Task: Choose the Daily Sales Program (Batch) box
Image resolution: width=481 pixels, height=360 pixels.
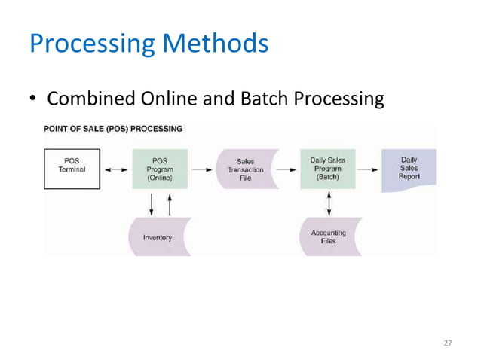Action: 328,169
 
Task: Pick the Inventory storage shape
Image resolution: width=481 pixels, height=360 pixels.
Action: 158,237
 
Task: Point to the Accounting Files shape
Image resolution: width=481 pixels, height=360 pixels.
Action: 329,236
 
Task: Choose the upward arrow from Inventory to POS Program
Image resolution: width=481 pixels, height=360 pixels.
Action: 170,204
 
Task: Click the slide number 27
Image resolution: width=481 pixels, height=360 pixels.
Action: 448,343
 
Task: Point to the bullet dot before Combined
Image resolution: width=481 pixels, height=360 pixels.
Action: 33,100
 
